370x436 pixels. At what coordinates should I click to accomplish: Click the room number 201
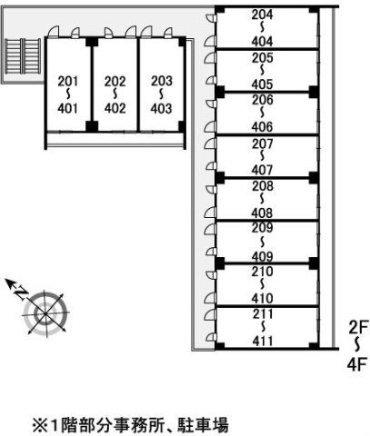68,81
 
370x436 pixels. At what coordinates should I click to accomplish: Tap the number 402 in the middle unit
115,108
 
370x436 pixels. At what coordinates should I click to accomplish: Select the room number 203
162,81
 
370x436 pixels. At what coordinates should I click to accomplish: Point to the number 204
262,15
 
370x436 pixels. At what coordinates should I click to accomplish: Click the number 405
262,84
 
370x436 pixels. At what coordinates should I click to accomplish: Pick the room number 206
263,100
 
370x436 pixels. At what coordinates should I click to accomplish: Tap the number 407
262,170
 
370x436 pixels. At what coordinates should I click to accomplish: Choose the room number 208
263,186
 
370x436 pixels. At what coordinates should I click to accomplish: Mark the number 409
262,257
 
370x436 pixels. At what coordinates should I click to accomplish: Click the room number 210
263,272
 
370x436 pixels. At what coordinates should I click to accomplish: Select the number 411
263,342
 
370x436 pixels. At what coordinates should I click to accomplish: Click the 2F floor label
358,327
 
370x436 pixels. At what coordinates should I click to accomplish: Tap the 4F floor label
357,364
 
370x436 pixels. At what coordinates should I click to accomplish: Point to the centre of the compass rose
45,313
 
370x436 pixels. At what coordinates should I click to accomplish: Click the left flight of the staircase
13,56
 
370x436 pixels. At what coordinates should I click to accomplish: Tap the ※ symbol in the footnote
40,425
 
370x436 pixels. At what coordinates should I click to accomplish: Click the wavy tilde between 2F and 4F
358,345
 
